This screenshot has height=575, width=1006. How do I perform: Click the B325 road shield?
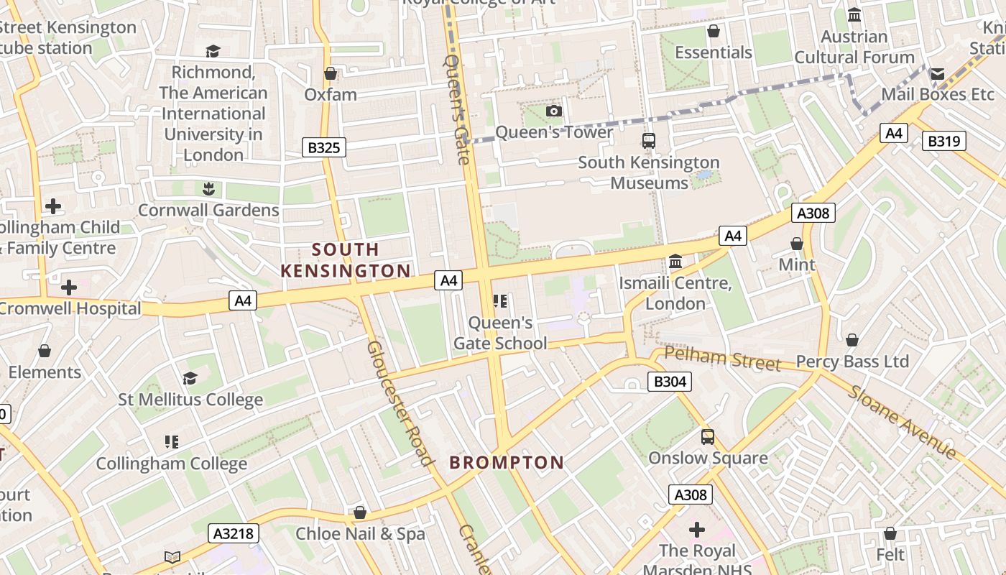point(324,147)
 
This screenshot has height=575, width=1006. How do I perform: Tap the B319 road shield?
point(943,141)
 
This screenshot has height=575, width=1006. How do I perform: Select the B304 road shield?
point(670,381)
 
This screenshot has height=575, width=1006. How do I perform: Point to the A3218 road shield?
point(234,533)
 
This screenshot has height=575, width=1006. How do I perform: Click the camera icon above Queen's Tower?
point(554,111)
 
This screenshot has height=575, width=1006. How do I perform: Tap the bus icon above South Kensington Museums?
point(649,141)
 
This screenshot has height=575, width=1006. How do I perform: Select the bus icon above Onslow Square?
point(708,437)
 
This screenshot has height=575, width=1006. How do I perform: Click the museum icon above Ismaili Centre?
point(675,262)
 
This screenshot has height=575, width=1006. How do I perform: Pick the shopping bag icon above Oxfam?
point(331,73)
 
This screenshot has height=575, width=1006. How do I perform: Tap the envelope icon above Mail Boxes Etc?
point(937,73)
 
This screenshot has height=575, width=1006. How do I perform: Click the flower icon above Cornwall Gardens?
point(208,189)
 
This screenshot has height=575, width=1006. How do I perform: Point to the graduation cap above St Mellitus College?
point(190,378)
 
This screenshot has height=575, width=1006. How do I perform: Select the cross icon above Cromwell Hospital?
point(69,287)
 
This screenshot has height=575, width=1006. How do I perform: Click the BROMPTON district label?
point(507,462)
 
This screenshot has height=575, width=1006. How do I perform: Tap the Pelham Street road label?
point(721,358)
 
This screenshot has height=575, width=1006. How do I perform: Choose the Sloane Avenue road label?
point(902,422)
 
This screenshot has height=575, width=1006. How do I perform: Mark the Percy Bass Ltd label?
point(852,361)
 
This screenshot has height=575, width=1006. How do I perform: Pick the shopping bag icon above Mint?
point(797,244)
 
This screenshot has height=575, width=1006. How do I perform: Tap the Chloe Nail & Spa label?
point(360,534)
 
